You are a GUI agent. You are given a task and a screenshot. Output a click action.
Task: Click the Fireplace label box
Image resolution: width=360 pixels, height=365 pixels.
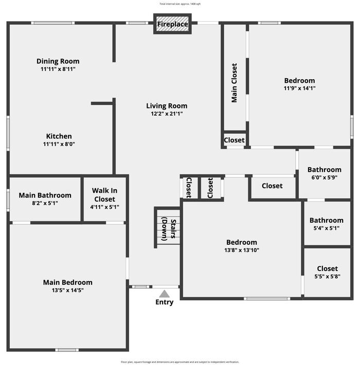(x=172, y=24)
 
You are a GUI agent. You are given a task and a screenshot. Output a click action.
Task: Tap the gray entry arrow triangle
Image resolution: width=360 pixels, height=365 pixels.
(x=165, y=294)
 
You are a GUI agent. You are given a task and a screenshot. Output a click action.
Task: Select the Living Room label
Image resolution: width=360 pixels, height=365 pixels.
(x=167, y=106)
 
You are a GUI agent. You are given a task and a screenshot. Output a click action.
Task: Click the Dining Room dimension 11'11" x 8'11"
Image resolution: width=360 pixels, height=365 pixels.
(x=58, y=69)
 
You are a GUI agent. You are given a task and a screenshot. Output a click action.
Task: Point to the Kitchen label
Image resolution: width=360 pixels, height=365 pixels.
(x=59, y=136)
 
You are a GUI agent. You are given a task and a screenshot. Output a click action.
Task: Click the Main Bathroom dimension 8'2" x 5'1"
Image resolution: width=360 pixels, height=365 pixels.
(x=45, y=203)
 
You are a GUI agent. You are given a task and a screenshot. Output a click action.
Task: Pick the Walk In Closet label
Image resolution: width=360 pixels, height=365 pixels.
(x=104, y=195)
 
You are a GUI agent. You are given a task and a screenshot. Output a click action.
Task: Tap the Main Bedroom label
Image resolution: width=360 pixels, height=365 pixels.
(x=68, y=282)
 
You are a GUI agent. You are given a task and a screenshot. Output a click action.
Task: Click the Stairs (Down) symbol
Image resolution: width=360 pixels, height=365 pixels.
(x=168, y=227)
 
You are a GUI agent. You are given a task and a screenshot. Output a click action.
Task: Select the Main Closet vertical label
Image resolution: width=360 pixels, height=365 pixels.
(x=234, y=83)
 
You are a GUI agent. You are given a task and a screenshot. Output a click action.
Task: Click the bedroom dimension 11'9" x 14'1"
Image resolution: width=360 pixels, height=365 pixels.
(x=299, y=88)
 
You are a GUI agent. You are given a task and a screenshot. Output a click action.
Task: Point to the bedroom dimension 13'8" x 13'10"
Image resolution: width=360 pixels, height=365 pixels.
(x=242, y=250)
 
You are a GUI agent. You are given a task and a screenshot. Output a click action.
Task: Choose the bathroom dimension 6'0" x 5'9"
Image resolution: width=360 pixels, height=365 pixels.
(x=325, y=177)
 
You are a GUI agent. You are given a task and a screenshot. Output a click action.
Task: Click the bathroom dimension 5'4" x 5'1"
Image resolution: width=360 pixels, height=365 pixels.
(x=326, y=228)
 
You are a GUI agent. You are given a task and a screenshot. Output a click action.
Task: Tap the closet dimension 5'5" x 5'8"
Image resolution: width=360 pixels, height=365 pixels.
(x=328, y=276)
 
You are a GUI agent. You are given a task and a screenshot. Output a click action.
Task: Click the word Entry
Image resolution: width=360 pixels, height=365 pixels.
(x=165, y=302)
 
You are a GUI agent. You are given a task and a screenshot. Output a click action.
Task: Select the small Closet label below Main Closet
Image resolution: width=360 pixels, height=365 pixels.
(x=234, y=140)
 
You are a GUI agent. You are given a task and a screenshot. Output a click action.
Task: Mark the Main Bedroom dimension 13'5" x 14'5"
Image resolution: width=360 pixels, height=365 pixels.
(x=68, y=290)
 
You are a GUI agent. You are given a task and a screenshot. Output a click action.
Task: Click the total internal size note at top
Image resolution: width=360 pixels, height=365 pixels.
(x=180, y=4)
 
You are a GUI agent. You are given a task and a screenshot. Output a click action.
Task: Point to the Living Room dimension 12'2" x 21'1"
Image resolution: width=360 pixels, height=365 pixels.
(x=167, y=114)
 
